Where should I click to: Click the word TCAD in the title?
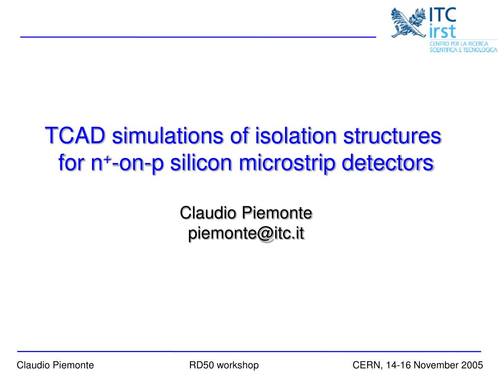coord(75,135)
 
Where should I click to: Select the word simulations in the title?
coord(167,135)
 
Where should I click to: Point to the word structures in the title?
coord(392,136)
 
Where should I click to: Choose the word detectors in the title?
coord(388,162)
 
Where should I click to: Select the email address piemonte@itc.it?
coord(246,233)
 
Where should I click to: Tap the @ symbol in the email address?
coord(264,234)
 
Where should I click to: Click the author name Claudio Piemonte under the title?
coord(246,213)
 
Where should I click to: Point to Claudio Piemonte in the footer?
coord(55,365)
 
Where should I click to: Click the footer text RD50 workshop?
coord(224,365)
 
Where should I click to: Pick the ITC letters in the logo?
coord(443,14)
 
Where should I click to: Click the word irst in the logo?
coord(442,31)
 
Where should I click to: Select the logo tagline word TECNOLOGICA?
coord(480,50)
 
